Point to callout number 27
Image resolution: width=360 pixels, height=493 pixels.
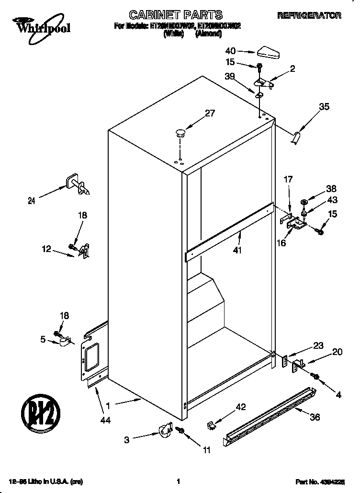coord(210,114)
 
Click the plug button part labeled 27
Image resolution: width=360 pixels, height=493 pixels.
coord(180,132)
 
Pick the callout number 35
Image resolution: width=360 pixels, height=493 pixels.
coord(324,107)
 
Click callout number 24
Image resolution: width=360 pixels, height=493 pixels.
coord(32,201)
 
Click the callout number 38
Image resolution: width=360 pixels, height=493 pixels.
coord(331,189)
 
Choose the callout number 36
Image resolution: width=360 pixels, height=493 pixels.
coord(315,417)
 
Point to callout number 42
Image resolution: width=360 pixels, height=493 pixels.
coord(240,407)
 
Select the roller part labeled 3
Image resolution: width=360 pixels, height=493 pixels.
coord(165,430)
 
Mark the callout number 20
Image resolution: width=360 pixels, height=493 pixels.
coord(337,352)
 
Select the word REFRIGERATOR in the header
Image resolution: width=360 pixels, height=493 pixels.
coord(309,16)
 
